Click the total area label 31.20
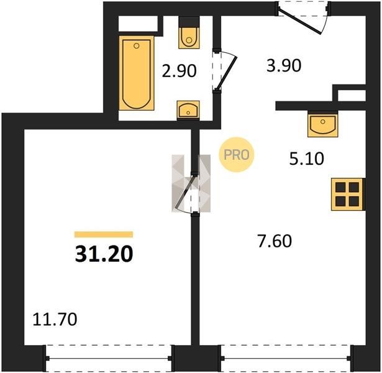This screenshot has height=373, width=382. coord(104,254)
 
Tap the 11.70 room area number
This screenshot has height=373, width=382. coord(55,320)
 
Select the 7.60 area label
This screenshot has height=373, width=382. coord(275,241)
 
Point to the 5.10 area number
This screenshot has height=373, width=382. coord(307,159)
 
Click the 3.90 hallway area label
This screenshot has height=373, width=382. coord(284,65)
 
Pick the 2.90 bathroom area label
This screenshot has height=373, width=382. coord(180,71)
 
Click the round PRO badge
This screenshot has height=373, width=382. coord(236,155)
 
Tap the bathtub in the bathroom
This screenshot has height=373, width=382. coord(137,73)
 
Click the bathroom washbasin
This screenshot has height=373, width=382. coord(188,110)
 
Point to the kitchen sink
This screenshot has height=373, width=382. coord(323,124)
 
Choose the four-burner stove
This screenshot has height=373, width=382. coord(347,195)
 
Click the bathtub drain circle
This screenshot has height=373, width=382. coord(137,45)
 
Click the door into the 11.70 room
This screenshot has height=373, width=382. coord(184,192)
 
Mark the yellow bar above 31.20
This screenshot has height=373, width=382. coord(104,234)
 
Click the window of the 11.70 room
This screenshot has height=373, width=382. coord(109,358)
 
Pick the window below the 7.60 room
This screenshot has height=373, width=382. coord(286,358)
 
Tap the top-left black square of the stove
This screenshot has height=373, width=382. coord(340,187)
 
